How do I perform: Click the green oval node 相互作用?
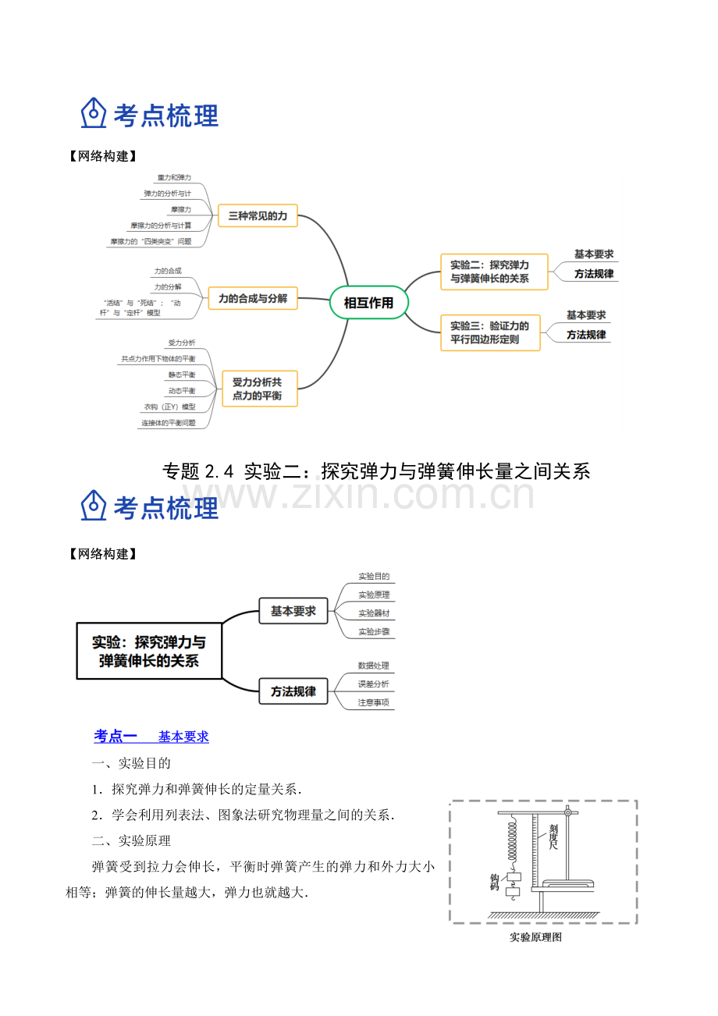pyautogui.click(x=368, y=302)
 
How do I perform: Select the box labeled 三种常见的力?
pyautogui.click(x=258, y=215)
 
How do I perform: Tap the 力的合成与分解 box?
pyautogui.click(x=253, y=298)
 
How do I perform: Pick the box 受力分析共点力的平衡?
pyautogui.click(x=260, y=389)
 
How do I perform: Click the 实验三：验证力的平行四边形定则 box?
pyautogui.click(x=490, y=333)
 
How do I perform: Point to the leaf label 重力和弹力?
pyautogui.click(x=174, y=178)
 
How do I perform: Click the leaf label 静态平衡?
pyautogui.click(x=181, y=375)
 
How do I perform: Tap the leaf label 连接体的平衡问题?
pyautogui.click(x=168, y=423)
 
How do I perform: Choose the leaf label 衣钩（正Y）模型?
pyautogui.click(x=169, y=407)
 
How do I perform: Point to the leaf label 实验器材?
pyautogui.click(x=374, y=613)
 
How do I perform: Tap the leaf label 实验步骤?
pyautogui.click(x=374, y=631)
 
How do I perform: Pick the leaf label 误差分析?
pyautogui.click(x=373, y=684)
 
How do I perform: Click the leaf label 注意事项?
pyautogui.click(x=373, y=702)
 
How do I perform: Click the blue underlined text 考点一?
pyautogui.click(x=116, y=736)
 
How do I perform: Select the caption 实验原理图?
pyautogui.click(x=535, y=937)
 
